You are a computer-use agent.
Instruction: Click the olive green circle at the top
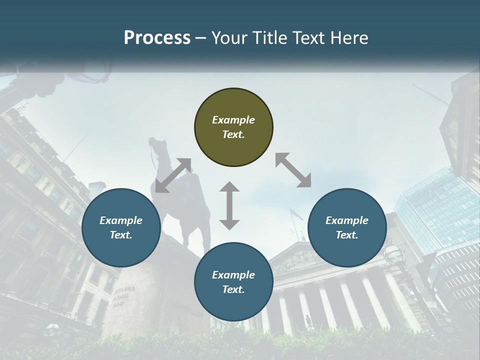pos(233,127)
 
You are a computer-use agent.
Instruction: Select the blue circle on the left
pos(121,228)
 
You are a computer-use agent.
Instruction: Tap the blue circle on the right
pos(347,228)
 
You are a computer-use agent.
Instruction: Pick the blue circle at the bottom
pos(233,282)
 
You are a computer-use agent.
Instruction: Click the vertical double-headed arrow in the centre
pos(229,205)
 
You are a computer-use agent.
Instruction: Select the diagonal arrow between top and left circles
pos(173,175)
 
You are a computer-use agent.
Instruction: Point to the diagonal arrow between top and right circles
pos(293,170)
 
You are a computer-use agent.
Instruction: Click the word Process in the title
pos(157,37)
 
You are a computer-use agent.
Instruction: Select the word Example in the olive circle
pos(233,120)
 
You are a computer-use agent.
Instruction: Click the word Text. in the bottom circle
pos(233,289)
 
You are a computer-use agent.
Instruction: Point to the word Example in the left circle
pos(121,220)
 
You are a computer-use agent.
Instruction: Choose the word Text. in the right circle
pos(347,235)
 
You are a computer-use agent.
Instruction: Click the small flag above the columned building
pos(295,214)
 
